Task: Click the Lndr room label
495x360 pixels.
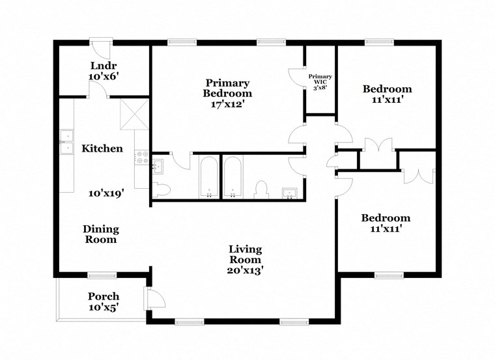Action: [x=103, y=65]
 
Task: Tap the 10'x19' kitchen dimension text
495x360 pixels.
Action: [x=106, y=193]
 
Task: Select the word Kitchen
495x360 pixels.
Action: [x=102, y=148]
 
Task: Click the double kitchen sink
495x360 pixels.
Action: [x=66, y=143]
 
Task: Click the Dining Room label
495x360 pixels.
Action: [x=100, y=234]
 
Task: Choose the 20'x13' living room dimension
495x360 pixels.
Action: [x=245, y=270]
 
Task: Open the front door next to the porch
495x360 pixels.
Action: [x=156, y=299]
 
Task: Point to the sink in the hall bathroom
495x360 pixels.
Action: [x=289, y=191]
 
